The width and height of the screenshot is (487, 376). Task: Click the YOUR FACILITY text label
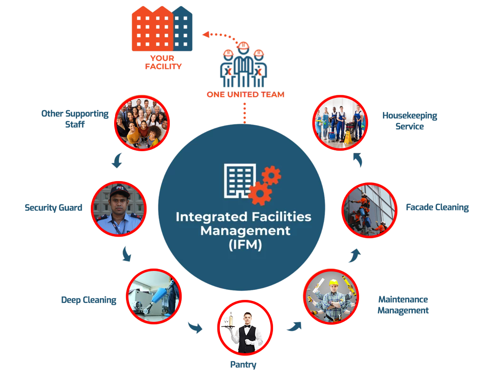point(163,63)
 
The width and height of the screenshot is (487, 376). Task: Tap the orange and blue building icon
point(162,29)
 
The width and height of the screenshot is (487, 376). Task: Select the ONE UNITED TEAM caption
point(245,95)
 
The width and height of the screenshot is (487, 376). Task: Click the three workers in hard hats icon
point(243,65)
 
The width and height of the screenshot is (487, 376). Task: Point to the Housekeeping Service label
point(409,121)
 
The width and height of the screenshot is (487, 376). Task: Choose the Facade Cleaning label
point(437,207)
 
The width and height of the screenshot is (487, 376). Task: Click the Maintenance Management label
point(403,305)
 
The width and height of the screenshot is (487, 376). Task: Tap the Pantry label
point(243,365)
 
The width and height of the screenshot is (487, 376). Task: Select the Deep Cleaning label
point(88,300)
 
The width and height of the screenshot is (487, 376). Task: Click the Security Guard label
point(54,208)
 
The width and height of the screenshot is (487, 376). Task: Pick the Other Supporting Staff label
point(75,119)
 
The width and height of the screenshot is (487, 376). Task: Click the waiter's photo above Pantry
point(246,328)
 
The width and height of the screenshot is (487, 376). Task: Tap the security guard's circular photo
point(118,209)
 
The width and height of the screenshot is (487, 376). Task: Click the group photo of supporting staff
point(142,122)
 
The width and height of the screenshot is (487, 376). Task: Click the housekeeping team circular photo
point(339,122)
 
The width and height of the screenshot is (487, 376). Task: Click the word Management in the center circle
point(245,231)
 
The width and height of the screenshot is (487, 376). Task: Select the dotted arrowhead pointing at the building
point(205,34)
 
